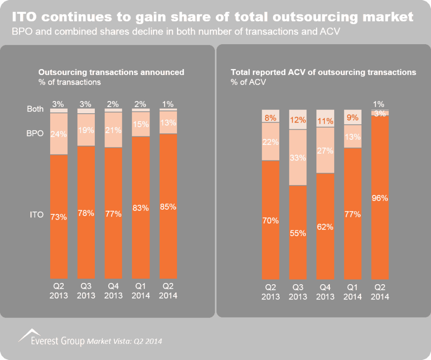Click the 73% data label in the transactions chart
click(59, 217)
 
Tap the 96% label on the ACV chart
click(380, 198)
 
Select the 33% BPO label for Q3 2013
click(298, 158)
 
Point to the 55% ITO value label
click(298, 233)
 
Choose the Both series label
click(35, 109)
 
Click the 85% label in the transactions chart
click(168, 207)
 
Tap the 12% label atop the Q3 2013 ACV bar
click(298, 120)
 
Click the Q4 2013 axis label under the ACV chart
click(325, 293)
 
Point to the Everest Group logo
click(51, 338)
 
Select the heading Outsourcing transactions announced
click(111, 72)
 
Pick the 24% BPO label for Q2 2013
click(59, 134)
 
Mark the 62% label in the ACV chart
click(325, 227)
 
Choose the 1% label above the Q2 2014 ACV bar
click(380, 104)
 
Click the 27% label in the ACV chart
click(325, 151)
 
